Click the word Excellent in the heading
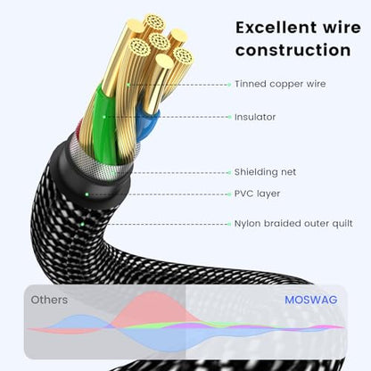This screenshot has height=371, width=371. point(276,28)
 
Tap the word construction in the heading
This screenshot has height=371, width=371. point(293,50)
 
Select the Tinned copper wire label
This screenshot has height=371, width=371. point(280,84)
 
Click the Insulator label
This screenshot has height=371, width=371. point(255,117)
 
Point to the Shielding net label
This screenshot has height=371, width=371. point(265,172)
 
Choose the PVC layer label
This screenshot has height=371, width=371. point(257,194)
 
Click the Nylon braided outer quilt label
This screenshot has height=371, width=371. point(293,224)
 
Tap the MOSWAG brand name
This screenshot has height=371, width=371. point(311,300)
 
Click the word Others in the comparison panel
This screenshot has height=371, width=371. point(49,300)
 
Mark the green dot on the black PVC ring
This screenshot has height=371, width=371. point(87,194)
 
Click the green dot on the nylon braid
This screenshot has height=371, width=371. point(83,224)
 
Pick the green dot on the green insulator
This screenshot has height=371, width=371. point(104,117)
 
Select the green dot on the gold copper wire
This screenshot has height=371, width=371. point(128,85)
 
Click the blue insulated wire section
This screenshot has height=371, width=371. point(147,123)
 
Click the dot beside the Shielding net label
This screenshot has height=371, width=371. point(229,172)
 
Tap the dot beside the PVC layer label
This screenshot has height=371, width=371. point(229,194)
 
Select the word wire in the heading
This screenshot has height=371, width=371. point(342,28)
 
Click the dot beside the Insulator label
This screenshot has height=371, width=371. point(229,117)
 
